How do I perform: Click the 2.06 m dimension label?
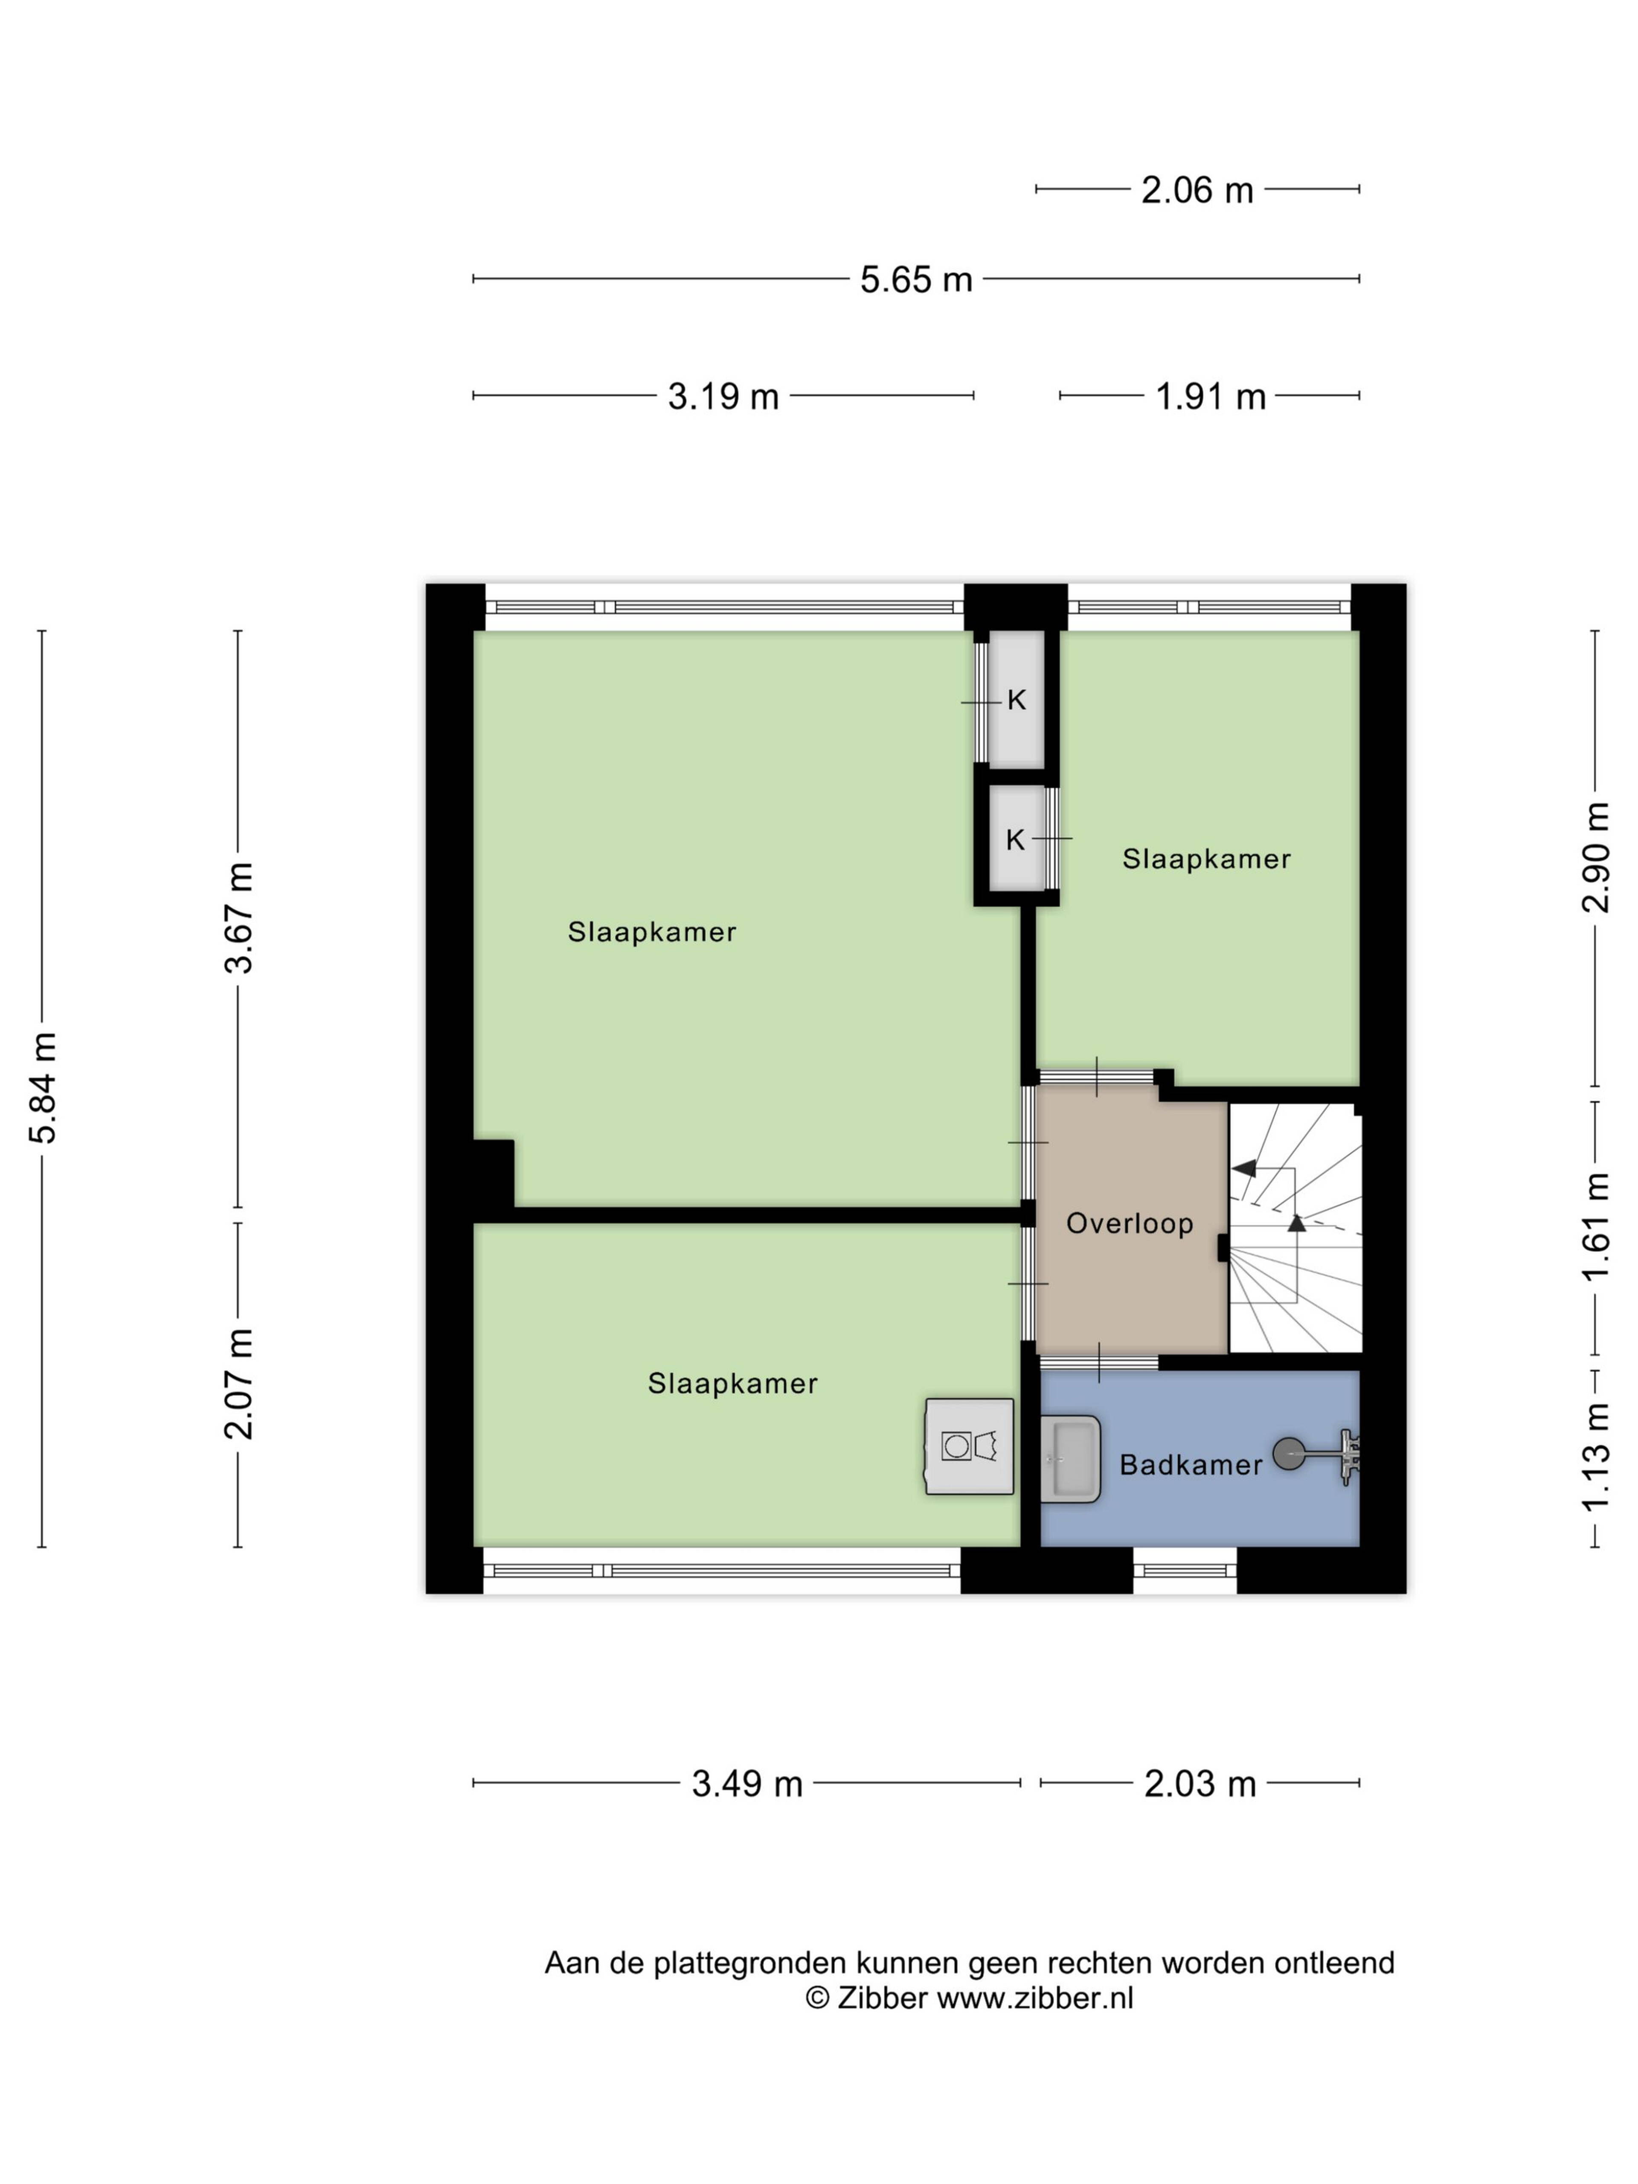coord(1197,189)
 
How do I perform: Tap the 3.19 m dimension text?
coord(723,396)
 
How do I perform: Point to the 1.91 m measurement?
coord(1211,396)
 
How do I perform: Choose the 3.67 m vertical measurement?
coord(239,917)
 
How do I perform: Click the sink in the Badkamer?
coord(1070,1459)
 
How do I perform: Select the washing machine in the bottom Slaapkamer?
coord(970,1446)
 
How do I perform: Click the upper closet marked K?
coord(1016,700)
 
